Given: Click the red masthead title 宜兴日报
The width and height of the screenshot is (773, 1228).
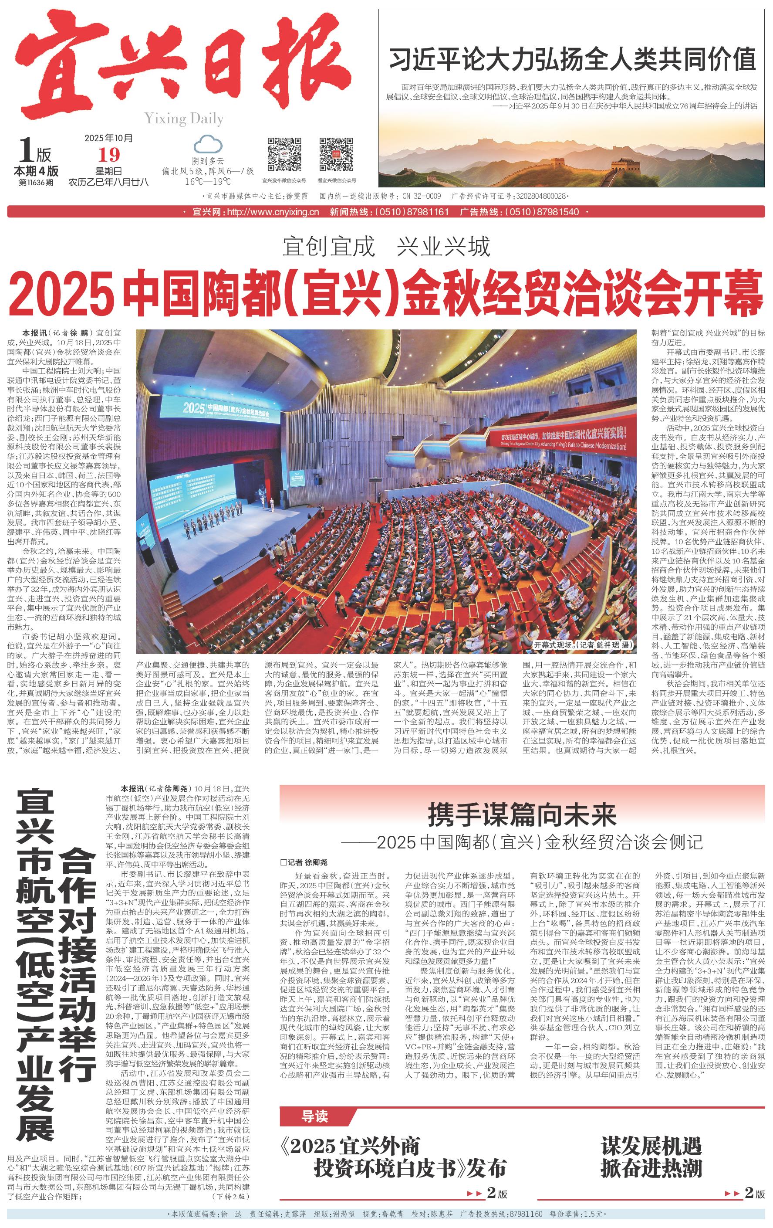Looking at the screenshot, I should pos(183,64).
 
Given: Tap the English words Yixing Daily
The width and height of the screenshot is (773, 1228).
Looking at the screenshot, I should pos(184,119).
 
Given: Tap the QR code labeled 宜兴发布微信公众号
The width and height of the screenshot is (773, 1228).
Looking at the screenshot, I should pos(284,155).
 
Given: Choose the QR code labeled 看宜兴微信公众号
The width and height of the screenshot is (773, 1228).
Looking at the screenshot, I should pos(336,155).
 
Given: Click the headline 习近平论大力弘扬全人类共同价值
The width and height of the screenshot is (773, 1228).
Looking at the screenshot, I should pos(572,59).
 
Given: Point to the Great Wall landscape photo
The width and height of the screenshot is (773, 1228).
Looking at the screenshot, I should pos(571,153).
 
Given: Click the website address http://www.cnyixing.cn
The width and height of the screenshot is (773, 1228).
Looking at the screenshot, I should pos(273,212).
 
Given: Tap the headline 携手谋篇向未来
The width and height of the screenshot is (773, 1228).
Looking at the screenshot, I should pos(522,814).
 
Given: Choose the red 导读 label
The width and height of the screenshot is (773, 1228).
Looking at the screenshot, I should pos(314,1117).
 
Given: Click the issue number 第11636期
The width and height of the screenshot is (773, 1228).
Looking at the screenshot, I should pos(36,182).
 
